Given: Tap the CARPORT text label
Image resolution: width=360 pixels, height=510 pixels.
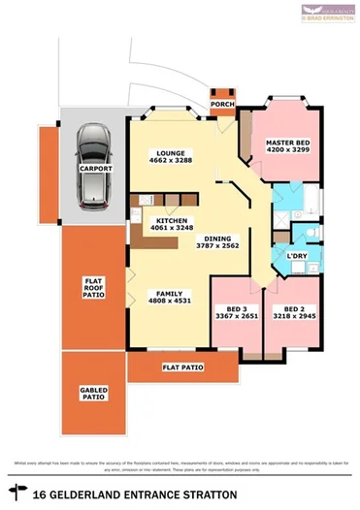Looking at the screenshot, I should click(x=95, y=169).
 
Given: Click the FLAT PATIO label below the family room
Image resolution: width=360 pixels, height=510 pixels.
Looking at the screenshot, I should click(x=182, y=367).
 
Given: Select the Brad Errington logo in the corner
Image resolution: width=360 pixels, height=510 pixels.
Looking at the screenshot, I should click(x=329, y=13).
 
